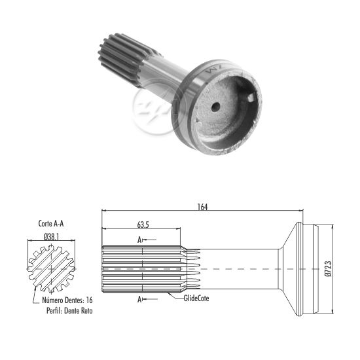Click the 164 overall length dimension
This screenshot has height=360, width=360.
click(x=202, y=207)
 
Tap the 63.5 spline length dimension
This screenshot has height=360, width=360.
click(x=143, y=225)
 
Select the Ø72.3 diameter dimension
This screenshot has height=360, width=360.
click(x=329, y=269)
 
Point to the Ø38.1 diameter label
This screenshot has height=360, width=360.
click(x=52, y=237)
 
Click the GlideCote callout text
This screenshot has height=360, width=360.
click(x=196, y=298)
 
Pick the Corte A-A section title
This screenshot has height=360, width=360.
click(x=51, y=223)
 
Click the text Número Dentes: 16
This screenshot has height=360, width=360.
click(x=67, y=300)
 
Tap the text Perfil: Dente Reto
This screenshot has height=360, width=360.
click(x=69, y=311)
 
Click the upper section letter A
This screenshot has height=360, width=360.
click(x=139, y=240)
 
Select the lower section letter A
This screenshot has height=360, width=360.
click(x=139, y=299)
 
